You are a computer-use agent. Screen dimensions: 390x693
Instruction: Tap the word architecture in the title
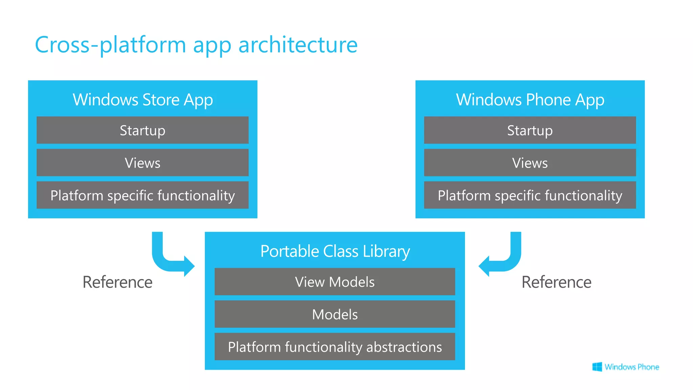click(298, 45)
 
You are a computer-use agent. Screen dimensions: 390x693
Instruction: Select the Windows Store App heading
click(142, 100)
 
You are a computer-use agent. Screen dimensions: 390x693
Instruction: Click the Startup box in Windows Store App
click(142, 130)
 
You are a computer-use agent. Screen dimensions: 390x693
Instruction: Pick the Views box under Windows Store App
click(142, 163)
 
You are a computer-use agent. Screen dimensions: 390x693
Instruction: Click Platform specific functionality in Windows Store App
click(142, 195)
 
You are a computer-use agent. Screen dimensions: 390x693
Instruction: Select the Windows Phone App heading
click(530, 100)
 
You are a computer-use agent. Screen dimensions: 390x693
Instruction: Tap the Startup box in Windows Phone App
click(530, 130)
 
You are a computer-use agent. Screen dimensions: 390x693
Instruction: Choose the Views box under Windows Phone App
click(530, 163)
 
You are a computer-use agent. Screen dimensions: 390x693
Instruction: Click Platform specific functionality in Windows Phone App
click(530, 195)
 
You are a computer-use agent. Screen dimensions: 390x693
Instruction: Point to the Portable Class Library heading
click(335, 251)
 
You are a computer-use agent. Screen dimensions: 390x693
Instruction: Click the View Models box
click(335, 282)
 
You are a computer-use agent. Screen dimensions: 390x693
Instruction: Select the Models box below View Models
click(335, 314)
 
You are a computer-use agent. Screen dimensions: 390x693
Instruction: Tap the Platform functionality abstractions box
click(335, 347)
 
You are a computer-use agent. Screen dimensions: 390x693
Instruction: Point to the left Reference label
click(117, 282)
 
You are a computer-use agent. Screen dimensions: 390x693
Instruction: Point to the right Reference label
click(556, 282)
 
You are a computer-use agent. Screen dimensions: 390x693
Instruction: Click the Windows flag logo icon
click(597, 367)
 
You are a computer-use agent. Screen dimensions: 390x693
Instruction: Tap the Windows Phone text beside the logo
click(632, 367)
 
